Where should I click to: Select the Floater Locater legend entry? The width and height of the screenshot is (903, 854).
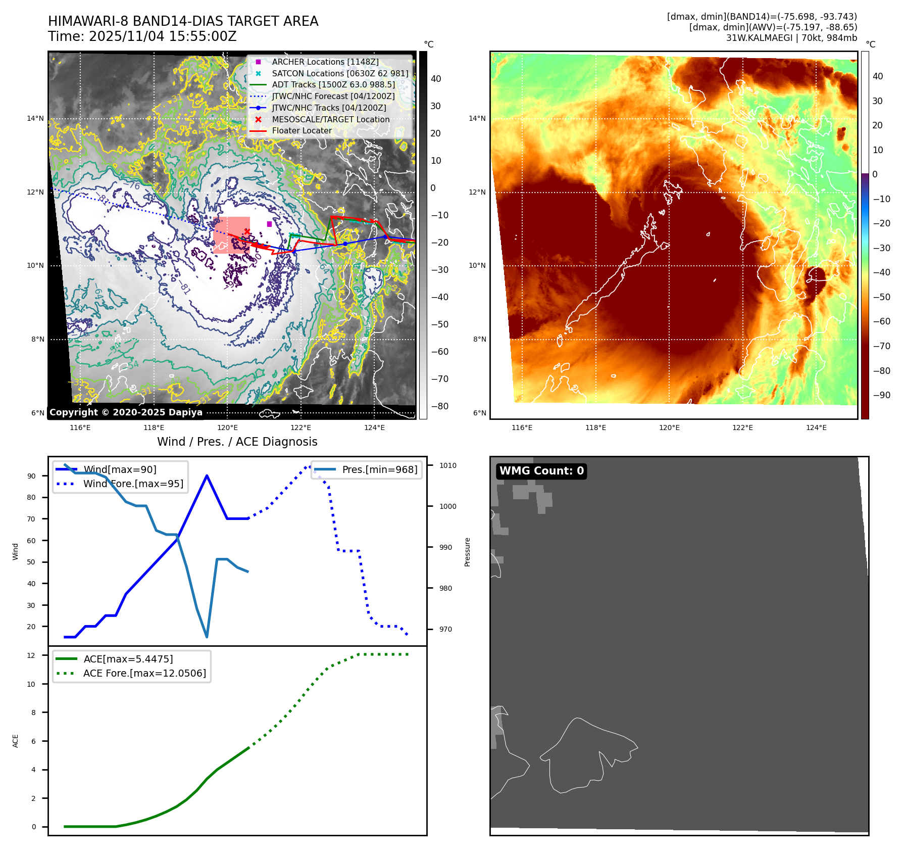[x=302, y=130]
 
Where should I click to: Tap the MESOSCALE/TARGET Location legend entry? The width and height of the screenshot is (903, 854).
[x=330, y=119]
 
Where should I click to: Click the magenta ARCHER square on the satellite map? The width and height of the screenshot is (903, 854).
[x=269, y=224]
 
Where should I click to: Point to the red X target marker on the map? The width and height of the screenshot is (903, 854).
[x=247, y=232]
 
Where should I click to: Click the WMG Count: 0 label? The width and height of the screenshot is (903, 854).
[x=541, y=471]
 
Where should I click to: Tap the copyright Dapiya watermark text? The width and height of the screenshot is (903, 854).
[x=126, y=412]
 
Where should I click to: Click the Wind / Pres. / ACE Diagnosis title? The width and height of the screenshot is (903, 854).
[x=237, y=442]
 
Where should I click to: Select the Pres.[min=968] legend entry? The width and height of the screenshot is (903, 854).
[x=379, y=469]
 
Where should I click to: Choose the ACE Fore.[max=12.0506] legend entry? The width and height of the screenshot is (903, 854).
[x=144, y=673]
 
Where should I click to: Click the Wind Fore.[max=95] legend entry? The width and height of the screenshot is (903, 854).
[x=133, y=484]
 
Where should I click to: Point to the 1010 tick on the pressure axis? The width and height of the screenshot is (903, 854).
[x=447, y=465]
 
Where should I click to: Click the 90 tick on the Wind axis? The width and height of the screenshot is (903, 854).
[x=32, y=476]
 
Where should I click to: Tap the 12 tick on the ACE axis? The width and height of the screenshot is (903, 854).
[x=31, y=655]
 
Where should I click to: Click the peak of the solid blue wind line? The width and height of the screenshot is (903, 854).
[x=207, y=476]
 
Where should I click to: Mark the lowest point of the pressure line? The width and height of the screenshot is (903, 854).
[x=207, y=637]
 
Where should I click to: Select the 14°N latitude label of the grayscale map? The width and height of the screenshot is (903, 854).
[x=35, y=119]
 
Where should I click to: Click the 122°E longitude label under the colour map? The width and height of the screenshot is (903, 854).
[x=742, y=428]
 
